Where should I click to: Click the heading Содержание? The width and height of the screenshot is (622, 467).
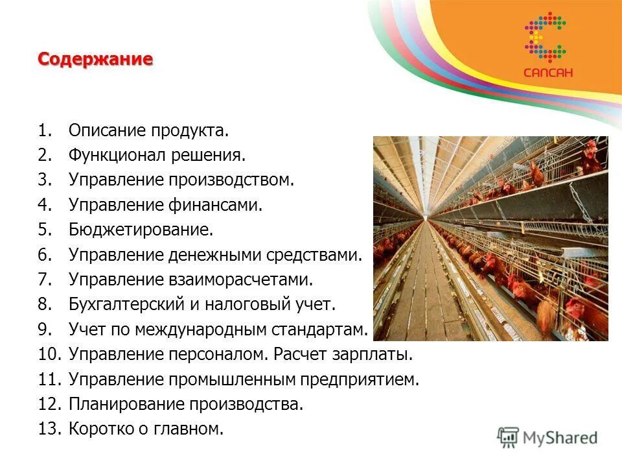point(95,60)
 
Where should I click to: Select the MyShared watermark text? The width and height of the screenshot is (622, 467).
point(561,437)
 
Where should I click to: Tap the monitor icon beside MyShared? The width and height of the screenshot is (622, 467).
point(509,437)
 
